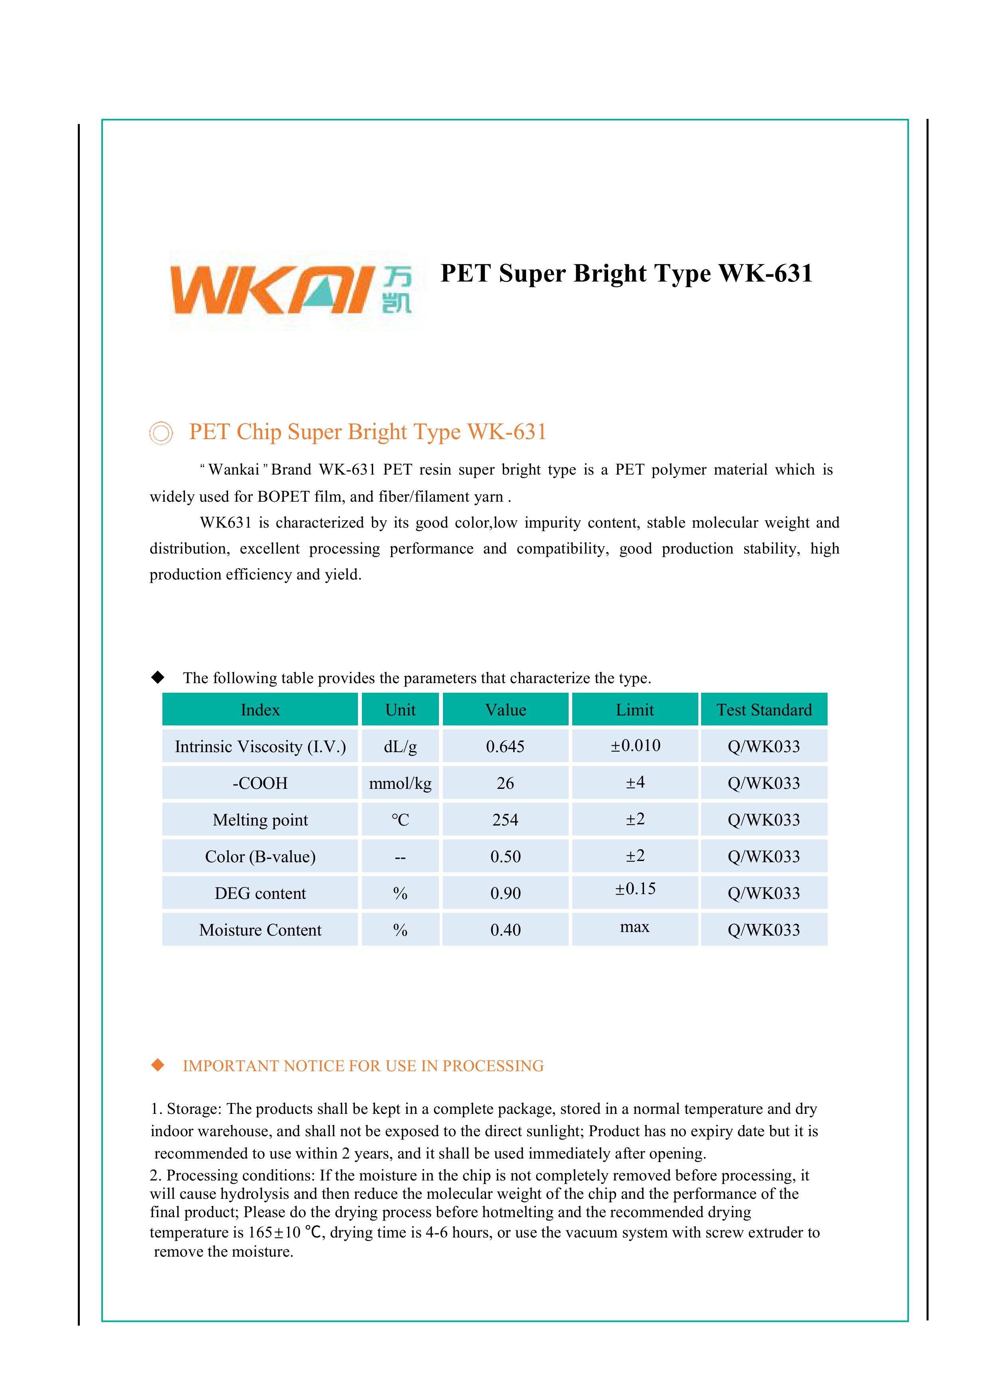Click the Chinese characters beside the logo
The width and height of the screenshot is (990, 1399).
coord(397,291)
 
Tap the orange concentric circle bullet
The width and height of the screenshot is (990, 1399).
coord(161,433)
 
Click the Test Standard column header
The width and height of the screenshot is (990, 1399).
coord(764,710)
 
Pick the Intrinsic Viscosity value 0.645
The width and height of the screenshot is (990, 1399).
coord(505,747)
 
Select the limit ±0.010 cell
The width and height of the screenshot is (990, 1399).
coord(635,745)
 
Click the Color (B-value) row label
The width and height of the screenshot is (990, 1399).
coord(260,857)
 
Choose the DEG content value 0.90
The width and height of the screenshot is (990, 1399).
coord(505,893)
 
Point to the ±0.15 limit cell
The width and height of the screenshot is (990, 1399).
coord(635,889)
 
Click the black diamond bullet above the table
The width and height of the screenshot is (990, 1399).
coord(158,677)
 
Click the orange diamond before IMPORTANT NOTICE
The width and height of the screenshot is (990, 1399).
coord(158,1065)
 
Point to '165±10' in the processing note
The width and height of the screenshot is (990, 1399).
coord(274,1233)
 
